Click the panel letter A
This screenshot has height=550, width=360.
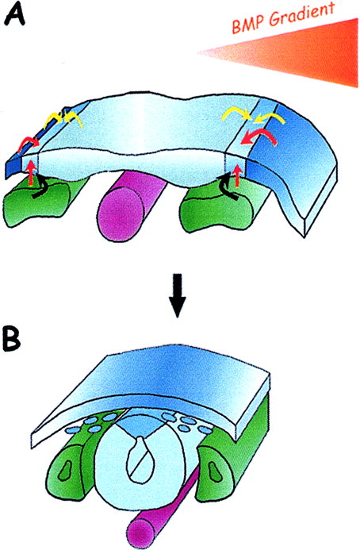point(14,13)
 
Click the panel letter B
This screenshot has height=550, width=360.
point(12,339)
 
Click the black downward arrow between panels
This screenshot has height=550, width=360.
point(178,295)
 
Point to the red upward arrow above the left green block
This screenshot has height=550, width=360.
point(32,172)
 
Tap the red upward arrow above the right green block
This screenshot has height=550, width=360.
point(238,175)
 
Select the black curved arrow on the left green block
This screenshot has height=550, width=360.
point(40,187)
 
